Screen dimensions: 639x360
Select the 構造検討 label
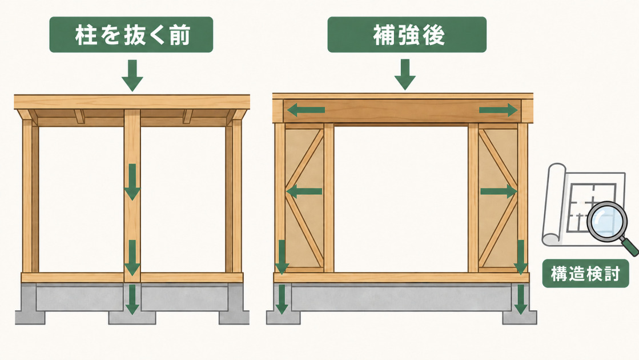point(585,274)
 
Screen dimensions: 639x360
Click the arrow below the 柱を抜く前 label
point(132,75)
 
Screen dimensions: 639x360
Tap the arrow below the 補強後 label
point(405,75)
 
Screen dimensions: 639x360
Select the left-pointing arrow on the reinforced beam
point(306,110)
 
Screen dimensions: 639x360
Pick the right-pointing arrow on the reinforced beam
point(499,110)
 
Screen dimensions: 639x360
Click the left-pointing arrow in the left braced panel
point(304,191)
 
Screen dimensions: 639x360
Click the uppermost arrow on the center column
point(132,182)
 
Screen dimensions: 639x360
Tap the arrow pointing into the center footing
point(132,299)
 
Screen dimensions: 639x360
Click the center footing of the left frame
point(132,318)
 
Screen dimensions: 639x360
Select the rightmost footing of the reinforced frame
point(520,318)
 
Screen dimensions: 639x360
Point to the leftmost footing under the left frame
point(30,318)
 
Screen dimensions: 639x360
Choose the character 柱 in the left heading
point(86,35)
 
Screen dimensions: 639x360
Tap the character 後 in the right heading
point(433,35)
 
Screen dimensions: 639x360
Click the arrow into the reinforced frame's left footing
point(281,299)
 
